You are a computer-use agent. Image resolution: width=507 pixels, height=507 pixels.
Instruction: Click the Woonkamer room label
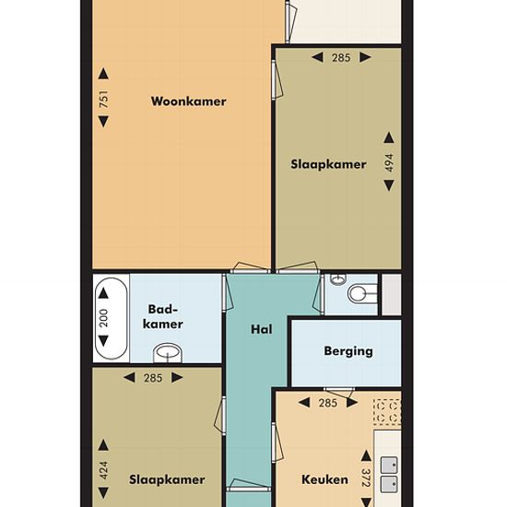pyautogui.click(x=188, y=101)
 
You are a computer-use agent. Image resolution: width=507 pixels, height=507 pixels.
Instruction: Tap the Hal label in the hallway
pyautogui.click(x=261, y=329)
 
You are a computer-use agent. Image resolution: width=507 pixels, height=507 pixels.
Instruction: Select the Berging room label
pyautogui.click(x=348, y=351)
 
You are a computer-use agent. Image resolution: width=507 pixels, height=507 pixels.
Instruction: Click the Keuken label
pyautogui.click(x=325, y=479)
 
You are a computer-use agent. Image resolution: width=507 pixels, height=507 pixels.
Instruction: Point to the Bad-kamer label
pyautogui.click(x=163, y=317)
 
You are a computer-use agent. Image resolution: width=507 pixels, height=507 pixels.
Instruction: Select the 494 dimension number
pyautogui.click(x=389, y=163)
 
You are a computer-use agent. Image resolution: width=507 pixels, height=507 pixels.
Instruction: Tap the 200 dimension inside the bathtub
pyautogui.click(x=103, y=318)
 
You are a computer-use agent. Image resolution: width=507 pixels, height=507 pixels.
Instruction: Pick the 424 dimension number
pyautogui.click(x=103, y=470)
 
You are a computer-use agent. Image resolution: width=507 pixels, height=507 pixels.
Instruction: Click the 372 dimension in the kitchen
pyautogui.click(x=366, y=478)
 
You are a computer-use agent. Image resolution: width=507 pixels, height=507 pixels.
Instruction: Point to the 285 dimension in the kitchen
pyautogui.click(x=328, y=403)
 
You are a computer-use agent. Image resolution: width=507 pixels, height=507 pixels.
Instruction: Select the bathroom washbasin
pyautogui.click(x=168, y=353)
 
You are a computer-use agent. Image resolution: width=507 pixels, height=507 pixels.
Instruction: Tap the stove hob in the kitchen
pyautogui.click(x=387, y=412)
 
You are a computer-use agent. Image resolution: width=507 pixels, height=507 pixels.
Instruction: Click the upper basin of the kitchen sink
pyautogui.click(x=389, y=465)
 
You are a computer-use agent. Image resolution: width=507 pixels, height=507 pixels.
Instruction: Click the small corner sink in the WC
pyautogui.click(x=338, y=279)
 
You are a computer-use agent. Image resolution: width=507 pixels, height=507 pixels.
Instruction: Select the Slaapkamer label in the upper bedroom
pyautogui.click(x=328, y=165)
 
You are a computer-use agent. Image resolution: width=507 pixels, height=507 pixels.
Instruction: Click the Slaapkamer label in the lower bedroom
pyautogui.click(x=167, y=480)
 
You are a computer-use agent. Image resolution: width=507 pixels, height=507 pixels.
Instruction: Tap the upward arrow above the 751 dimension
pyautogui.click(x=103, y=74)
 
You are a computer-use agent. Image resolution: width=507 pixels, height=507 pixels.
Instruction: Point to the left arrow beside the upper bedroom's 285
pyautogui.click(x=317, y=57)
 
